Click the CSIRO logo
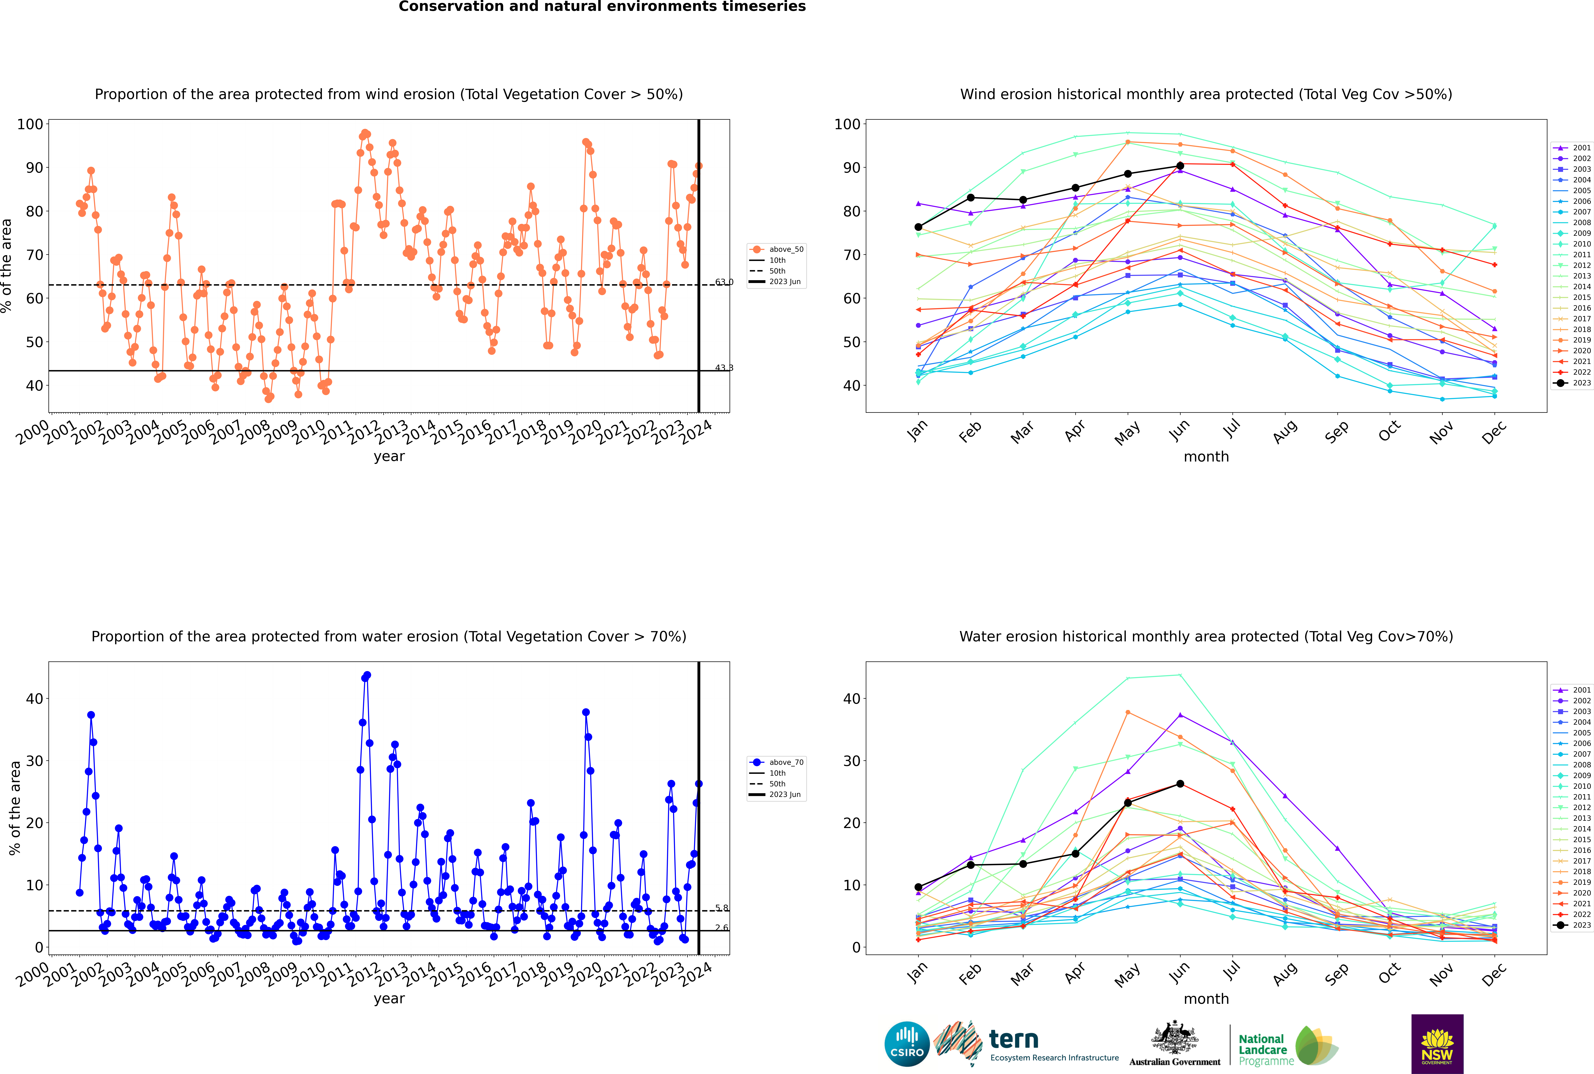click(x=907, y=1044)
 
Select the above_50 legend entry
click(x=777, y=249)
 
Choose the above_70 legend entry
click(x=777, y=762)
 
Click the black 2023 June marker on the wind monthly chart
click(x=1180, y=166)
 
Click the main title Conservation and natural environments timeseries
click(x=602, y=7)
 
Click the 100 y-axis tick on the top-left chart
click(x=30, y=124)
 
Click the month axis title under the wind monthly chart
click(x=1206, y=457)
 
